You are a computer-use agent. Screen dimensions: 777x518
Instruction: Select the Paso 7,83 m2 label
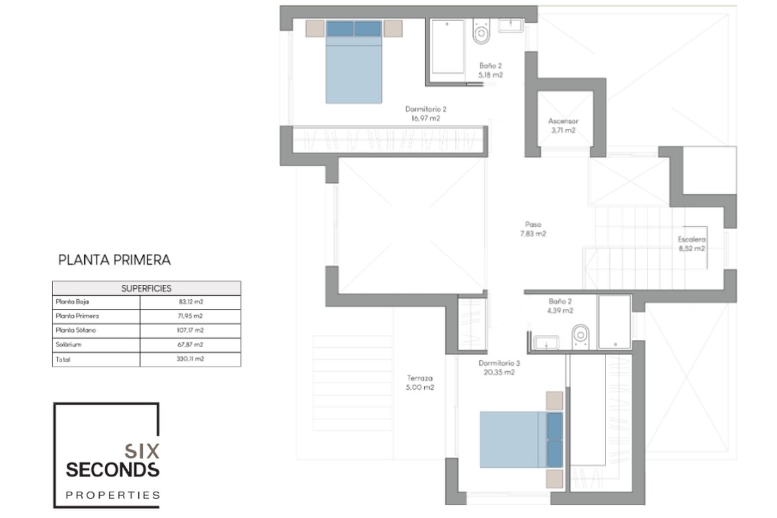[533, 229]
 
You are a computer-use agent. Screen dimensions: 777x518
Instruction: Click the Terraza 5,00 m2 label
[420, 383]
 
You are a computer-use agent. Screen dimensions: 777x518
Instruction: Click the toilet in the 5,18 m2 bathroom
[482, 32]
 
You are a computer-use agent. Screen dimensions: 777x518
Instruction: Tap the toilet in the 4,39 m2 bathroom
[580, 335]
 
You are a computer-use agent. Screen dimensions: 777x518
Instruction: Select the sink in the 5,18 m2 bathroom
[511, 26]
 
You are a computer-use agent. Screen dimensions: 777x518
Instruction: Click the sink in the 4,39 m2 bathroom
[546, 343]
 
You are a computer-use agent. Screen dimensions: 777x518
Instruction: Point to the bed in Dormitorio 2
[354, 62]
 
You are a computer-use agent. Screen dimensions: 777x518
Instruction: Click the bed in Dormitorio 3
[521, 440]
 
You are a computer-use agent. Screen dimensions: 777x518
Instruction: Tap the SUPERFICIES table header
[146, 288]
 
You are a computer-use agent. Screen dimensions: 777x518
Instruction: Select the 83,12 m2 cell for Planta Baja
[191, 302]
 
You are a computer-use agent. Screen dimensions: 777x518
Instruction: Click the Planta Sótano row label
[76, 330]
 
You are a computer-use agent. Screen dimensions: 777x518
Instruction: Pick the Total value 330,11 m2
[190, 359]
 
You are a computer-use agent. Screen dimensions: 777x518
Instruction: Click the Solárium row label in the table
[69, 344]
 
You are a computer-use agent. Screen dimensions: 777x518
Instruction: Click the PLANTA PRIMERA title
[114, 260]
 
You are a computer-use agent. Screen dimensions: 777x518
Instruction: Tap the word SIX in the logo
[142, 451]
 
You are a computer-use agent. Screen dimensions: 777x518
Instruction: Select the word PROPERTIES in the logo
[113, 495]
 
